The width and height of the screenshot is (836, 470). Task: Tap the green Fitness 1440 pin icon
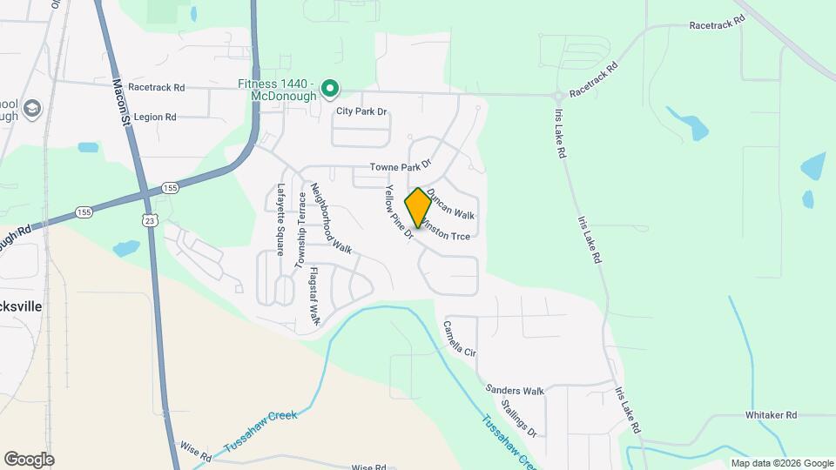(x=330, y=88)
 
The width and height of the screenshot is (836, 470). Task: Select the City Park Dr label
(x=361, y=112)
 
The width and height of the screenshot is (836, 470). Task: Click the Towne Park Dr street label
(x=400, y=165)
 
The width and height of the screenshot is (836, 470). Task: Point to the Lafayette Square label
(x=280, y=219)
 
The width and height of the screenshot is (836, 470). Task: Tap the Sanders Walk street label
(x=515, y=391)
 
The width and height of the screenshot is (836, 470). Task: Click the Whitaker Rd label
(x=771, y=416)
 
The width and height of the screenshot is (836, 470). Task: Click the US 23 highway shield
(x=151, y=221)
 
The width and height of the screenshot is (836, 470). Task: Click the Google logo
(x=29, y=459)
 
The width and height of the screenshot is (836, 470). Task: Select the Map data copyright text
(x=781, y=463)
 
